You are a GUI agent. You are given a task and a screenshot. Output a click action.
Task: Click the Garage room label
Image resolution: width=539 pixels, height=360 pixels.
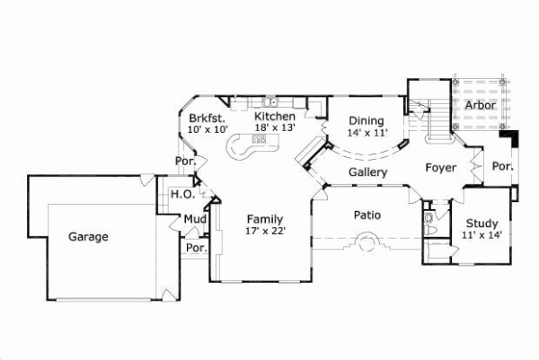[88, 237]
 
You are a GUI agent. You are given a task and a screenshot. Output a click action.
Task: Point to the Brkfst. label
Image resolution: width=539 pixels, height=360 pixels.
[207, 118]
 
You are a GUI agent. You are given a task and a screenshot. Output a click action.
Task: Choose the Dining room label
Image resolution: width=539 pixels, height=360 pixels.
[366, 121]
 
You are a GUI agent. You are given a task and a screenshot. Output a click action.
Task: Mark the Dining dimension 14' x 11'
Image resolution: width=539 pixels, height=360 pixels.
[367, 133]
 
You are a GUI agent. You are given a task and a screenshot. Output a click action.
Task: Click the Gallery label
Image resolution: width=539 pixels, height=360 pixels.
[367, 171]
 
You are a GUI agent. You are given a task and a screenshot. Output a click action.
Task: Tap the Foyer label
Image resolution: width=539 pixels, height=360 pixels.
[441, 168]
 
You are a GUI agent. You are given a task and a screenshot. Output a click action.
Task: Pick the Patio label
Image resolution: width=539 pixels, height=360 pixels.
[367, 215]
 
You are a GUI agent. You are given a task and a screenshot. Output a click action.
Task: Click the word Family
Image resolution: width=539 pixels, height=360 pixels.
[265, 219]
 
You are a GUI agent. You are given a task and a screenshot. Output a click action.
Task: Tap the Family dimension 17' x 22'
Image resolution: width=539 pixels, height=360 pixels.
[265, 231]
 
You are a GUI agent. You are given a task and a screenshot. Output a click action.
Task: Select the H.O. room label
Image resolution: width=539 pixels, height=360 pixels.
[182, 194]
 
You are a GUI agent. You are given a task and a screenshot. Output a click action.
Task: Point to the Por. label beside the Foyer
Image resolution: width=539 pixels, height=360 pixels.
[502, 166]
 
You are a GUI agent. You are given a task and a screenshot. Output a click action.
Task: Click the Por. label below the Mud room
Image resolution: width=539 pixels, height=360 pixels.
[195, 248]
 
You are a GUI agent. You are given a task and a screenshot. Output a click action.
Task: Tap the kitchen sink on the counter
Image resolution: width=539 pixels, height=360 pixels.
[273, 101]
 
